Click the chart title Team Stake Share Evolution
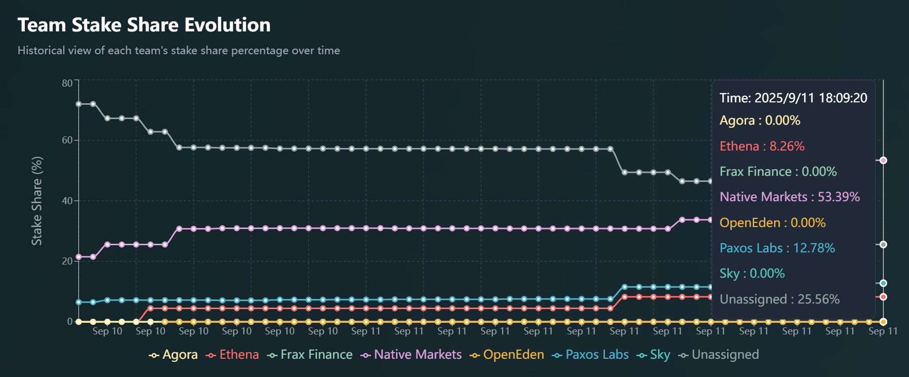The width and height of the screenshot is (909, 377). coord(144,25)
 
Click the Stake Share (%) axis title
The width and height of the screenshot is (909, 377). coord(37,201)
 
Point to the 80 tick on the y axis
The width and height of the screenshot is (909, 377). coord(67,83)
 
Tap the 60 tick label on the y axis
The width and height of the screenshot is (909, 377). coord(67,140)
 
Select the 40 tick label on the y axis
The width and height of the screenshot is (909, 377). coord(67,201)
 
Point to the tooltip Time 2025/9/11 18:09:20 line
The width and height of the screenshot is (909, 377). coord(793,98)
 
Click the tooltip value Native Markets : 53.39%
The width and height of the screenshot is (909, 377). coord(790,197)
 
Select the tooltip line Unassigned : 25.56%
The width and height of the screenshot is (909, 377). coord(780,299)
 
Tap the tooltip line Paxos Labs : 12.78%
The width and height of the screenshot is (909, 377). coord(777,248)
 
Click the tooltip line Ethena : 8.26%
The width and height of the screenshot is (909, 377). coord(762,146)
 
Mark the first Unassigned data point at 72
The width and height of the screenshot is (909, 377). coord(79,104)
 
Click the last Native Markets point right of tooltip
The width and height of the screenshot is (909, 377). coord(883,160)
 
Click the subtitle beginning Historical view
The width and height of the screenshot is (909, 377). coord(179,51)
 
